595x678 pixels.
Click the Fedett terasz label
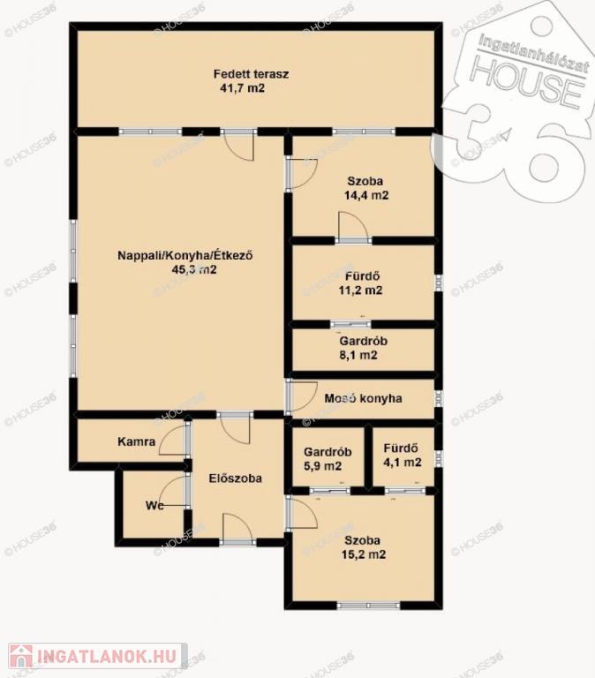[x=251, y=74]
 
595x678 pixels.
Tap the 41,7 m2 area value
[x=242, y=88]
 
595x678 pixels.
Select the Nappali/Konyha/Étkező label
[x=185, y=255]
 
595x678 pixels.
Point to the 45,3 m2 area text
[x=194, y=270]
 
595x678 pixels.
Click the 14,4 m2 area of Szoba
[x=366, y=195]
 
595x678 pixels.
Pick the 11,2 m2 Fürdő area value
[x=360, y=290]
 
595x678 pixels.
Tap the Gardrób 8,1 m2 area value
[x=358, y=356]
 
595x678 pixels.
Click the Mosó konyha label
[x=363, y=398]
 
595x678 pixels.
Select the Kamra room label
[x=136, y=442]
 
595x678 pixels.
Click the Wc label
[x=154, y=506]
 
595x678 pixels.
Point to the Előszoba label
[x=235, y=478]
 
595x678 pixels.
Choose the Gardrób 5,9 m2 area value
[x=322, y=466]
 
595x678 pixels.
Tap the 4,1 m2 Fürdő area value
[x=403, y=463]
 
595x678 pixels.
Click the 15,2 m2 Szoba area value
[x=363, y=554]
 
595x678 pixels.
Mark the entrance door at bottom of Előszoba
[x=237, y=529]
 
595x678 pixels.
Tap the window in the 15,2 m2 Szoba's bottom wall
[x=368, y=606]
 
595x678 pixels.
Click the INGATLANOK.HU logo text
[x=107, y=657]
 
